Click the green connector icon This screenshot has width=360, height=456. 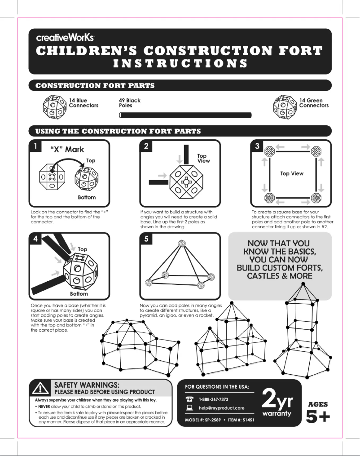pyautogui.click(x=285, y=106)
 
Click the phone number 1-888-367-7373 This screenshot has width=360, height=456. pyautogui.click(x=214, y=399)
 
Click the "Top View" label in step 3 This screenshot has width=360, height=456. pyautogui.click(x=292, y=173)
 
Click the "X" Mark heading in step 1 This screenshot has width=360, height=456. pyautogui.click(x=66, y=149)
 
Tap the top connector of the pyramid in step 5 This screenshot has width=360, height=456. pyautogui.click(x=182, y=243)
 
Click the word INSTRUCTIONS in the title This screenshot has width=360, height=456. pyautogui.click(x=180, y=63)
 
